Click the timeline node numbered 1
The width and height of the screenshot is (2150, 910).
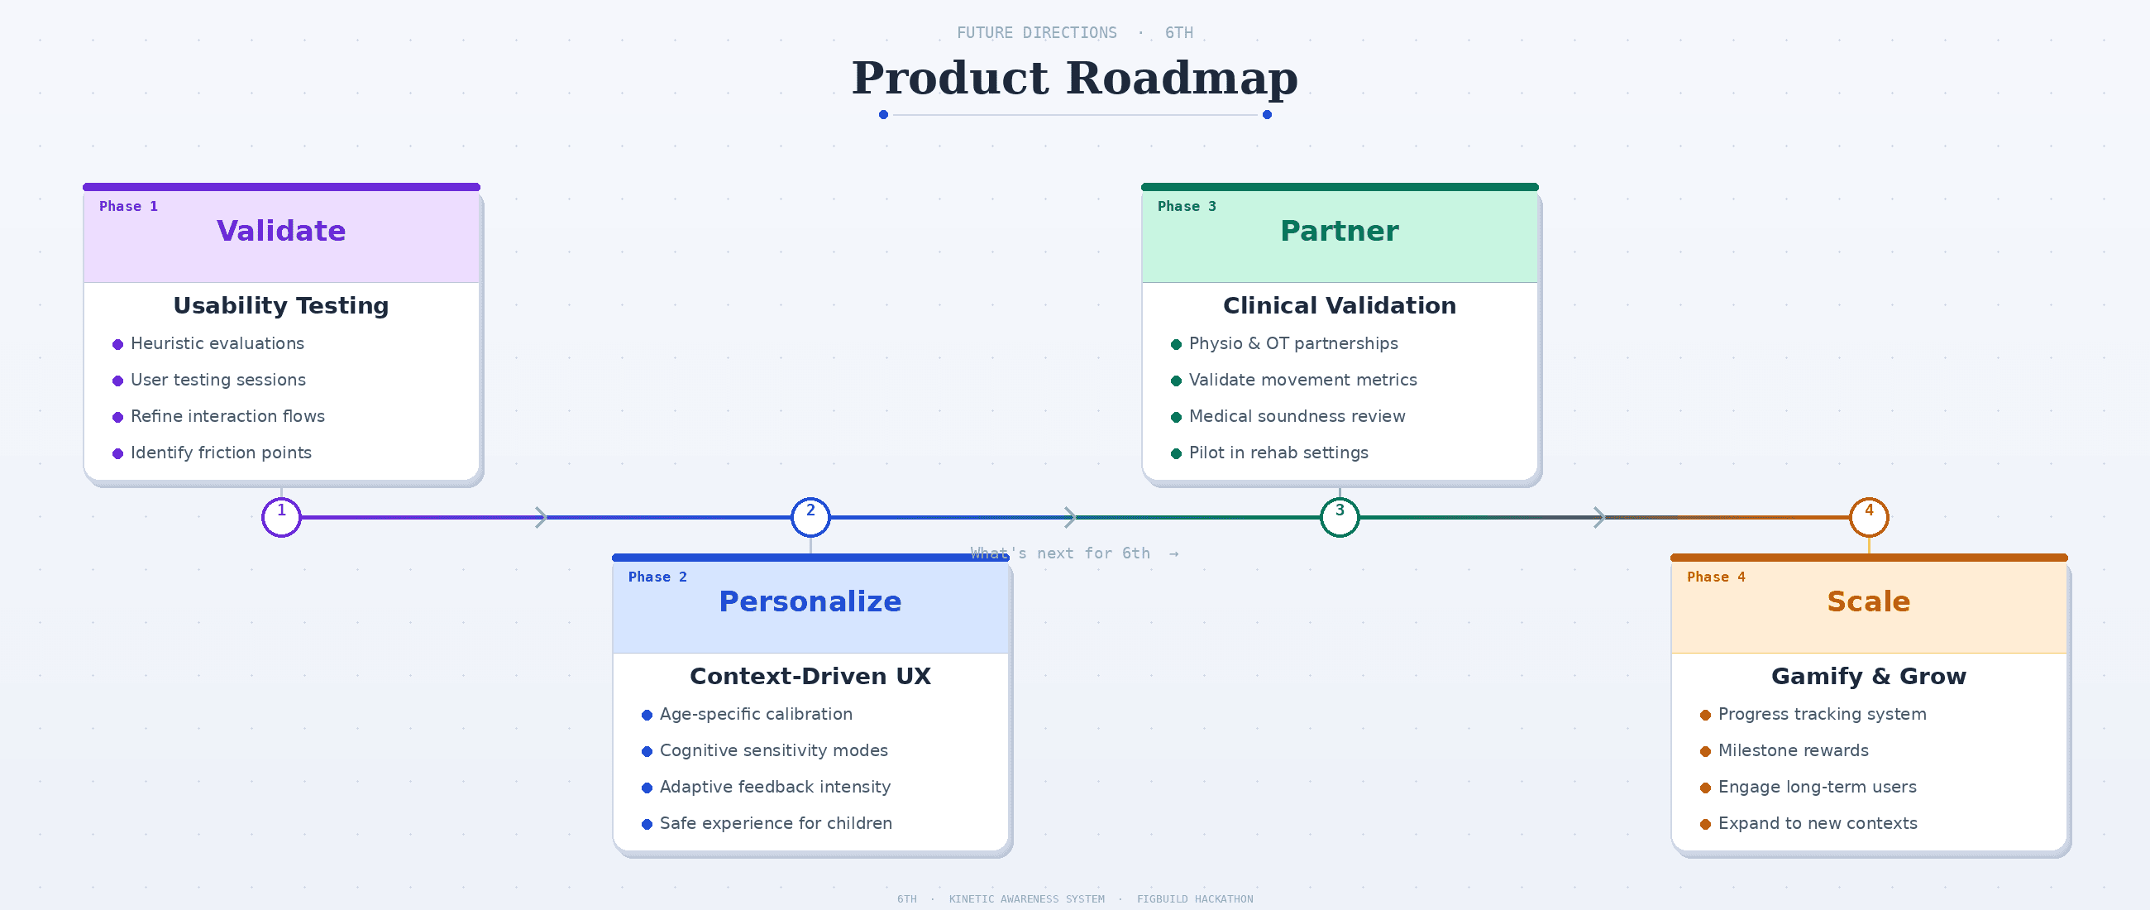tap(281, 517)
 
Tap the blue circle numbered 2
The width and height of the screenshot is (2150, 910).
tap(810, 517)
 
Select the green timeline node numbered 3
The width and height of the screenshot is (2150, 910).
tap(1339, 517)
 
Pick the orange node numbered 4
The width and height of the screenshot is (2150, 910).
tap(1868, 517)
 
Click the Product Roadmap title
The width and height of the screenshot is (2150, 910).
tap(1074, 78)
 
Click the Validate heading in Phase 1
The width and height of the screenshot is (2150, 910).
tap(281, 231)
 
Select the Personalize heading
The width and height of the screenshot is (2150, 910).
tap(810, 601)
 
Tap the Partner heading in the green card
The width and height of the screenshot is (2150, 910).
tap(1339, 231)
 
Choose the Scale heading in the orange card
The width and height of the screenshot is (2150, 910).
tap(1868, 601)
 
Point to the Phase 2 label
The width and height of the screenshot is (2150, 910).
tap(657, 577)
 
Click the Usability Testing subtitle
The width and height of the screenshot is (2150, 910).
tap(281, 305)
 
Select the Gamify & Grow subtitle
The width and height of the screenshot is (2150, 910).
tap(1868, 676)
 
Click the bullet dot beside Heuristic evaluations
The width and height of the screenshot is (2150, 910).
tap(117, 344)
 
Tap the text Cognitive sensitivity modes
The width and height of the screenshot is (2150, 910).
tap(773, 750)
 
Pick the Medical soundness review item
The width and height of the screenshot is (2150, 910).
tap(1296, 416)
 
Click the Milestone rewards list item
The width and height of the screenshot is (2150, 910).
tap(1792, 750)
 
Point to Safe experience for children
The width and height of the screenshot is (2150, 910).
tap(776, 823)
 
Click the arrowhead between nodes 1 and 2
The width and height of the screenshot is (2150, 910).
tap(541, 517)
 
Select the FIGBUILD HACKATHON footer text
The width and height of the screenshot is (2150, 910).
tap(1194, 899)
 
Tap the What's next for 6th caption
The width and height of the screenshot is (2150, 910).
tap(1074, 553)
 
